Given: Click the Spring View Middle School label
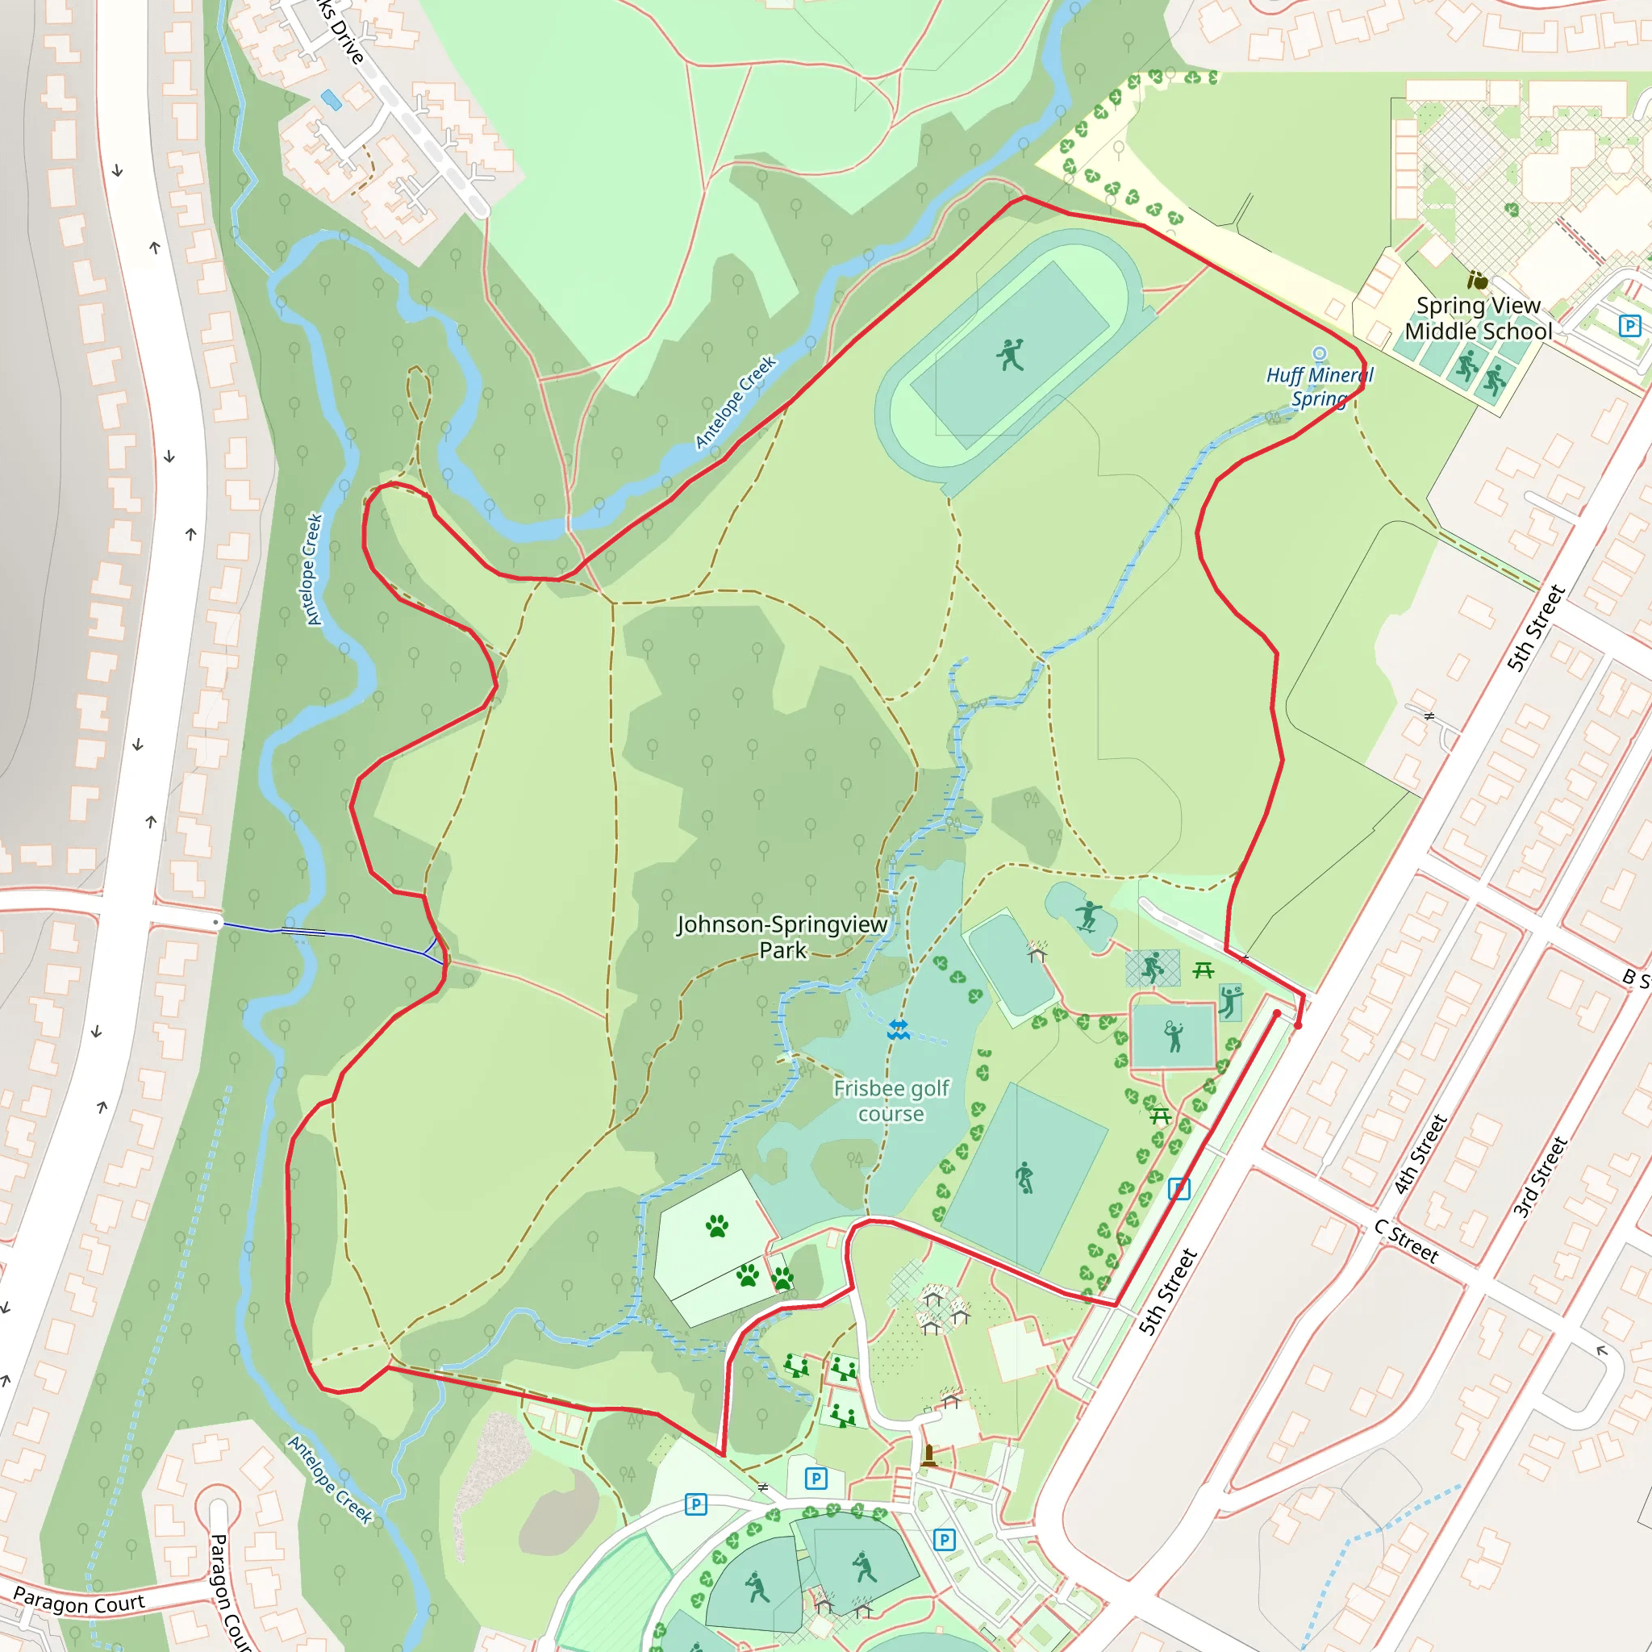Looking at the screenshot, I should coord(1478,318).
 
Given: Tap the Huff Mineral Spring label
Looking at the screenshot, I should coord(1319,386).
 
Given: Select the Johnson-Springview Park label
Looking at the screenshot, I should coord(782,937).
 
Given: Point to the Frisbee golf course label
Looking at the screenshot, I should coord(891,1100).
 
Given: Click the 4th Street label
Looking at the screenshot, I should coord(1420,1153).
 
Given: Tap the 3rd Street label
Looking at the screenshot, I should coord(1540,1177).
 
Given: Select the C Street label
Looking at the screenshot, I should coord(1407,1241).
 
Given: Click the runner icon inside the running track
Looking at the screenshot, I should coord(1010,354).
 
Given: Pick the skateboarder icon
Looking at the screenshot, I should coord(1087,915).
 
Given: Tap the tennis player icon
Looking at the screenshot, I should coord(1173,1036).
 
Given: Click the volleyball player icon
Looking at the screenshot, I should coord(1230,1001).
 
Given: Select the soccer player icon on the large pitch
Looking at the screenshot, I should coord(1024,1178).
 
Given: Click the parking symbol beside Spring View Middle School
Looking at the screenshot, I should coord(1629,326).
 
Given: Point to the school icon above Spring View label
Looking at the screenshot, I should coord(1477,280).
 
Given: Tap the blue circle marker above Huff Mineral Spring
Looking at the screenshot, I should coord(1320,353).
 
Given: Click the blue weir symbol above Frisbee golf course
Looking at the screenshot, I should coord(898,1029).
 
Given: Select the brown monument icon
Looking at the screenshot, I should coord(929,1454).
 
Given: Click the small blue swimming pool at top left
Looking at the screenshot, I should coord(331,101).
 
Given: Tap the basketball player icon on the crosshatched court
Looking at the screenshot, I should coord(1153,967).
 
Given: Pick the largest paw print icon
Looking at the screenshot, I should coord(716,1227).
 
